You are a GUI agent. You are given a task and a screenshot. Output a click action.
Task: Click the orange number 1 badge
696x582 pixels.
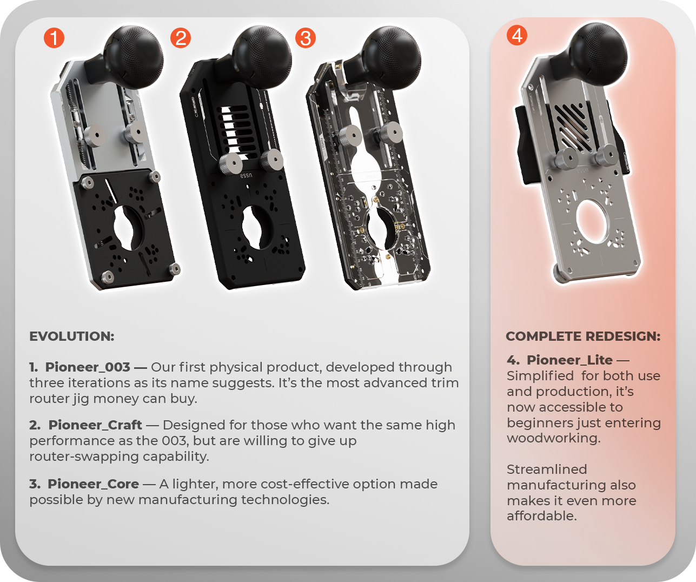click(54, 38)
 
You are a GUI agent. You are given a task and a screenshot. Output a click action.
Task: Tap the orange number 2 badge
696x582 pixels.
click(181, 38)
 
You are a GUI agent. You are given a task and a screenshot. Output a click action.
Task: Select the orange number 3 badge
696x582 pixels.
click(306, 38)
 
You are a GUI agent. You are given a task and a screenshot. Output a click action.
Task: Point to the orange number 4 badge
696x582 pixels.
click(517, 35)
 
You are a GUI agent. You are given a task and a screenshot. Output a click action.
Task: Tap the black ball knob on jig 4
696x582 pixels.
click(598, 54)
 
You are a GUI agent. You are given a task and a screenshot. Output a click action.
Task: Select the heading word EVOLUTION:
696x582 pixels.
click(72, 336)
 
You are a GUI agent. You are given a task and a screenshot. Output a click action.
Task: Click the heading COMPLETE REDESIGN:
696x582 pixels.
click(583, 336)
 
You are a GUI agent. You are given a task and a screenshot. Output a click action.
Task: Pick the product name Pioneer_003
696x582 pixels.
click(88, 367)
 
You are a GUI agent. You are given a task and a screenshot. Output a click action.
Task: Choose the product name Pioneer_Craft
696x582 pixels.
click(95, 425)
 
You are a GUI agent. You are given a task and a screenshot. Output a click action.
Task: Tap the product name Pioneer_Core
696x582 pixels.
click(93, 484)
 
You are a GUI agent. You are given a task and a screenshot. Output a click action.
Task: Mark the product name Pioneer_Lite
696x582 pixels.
click(569, 360)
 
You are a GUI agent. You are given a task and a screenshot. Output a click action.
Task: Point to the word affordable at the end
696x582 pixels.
click(541, 516)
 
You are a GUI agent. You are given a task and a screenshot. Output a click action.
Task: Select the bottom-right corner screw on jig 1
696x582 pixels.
click(175, 269)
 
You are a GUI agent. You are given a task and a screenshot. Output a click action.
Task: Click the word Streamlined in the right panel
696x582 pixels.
click(547, 469)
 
